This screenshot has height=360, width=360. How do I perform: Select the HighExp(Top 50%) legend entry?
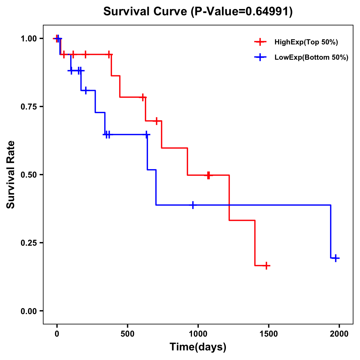(306, 42)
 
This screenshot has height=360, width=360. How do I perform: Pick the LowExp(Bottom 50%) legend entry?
(311, 58)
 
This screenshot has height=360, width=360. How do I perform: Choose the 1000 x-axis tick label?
(198, 334)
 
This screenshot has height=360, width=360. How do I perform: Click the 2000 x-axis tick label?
(339, 334)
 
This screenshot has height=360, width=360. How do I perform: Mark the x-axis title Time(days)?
(198, 347)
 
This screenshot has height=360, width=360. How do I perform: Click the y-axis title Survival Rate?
(11, 174)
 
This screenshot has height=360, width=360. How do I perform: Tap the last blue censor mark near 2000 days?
(336, 258)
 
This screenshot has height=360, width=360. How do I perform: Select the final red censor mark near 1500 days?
(266, 265)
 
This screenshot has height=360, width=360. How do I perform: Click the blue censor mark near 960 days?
(193, 205)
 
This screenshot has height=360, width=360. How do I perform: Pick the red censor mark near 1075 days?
(208, 175)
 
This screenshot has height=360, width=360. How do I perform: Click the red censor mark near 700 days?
(156, 121)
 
